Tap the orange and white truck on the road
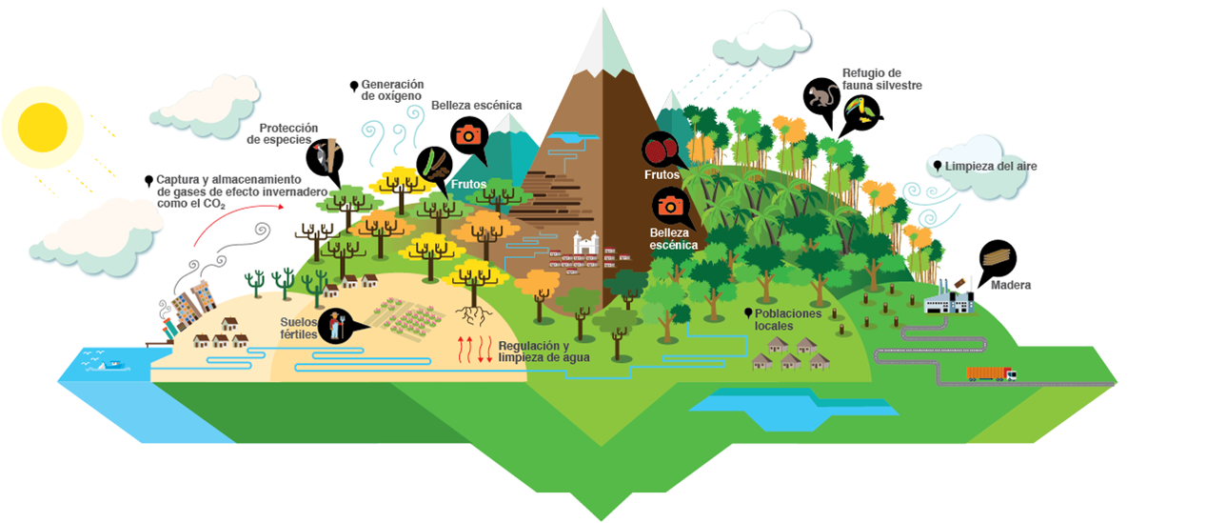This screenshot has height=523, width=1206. point(990,372)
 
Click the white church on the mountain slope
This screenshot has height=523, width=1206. point(585,245)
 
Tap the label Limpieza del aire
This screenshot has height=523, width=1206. point(990,166)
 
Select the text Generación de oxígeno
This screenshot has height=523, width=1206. point(392,90)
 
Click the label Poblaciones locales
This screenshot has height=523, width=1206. point(787,319)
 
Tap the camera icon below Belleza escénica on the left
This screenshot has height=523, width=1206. point(467,134)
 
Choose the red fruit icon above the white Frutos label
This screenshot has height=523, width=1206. point(660,149)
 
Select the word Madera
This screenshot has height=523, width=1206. point(1010,285)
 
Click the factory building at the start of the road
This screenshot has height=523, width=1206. point(950,301)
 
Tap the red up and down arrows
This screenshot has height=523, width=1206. point(477,350)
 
